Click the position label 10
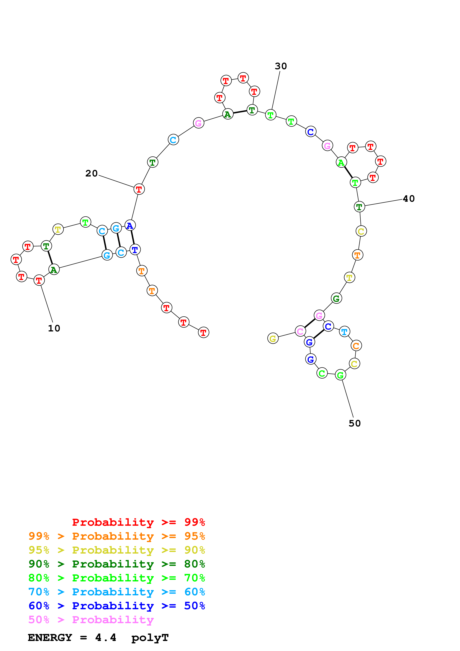coord(54,328)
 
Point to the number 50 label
coord(355,423)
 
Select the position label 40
coord(409,199)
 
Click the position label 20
coord(91,173)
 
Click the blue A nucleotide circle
coord(130,225)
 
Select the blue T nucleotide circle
coord(135,250)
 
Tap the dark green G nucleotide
coord(336,298)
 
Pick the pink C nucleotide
coord(300,331)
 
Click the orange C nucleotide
coord(356,346)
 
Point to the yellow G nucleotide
coord(273,338)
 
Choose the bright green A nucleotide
coord(341,162)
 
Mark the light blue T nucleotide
coord(344,331)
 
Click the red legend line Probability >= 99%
coord(138,522)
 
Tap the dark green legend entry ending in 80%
coord(117,564)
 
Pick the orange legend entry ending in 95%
coord(117,536)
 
